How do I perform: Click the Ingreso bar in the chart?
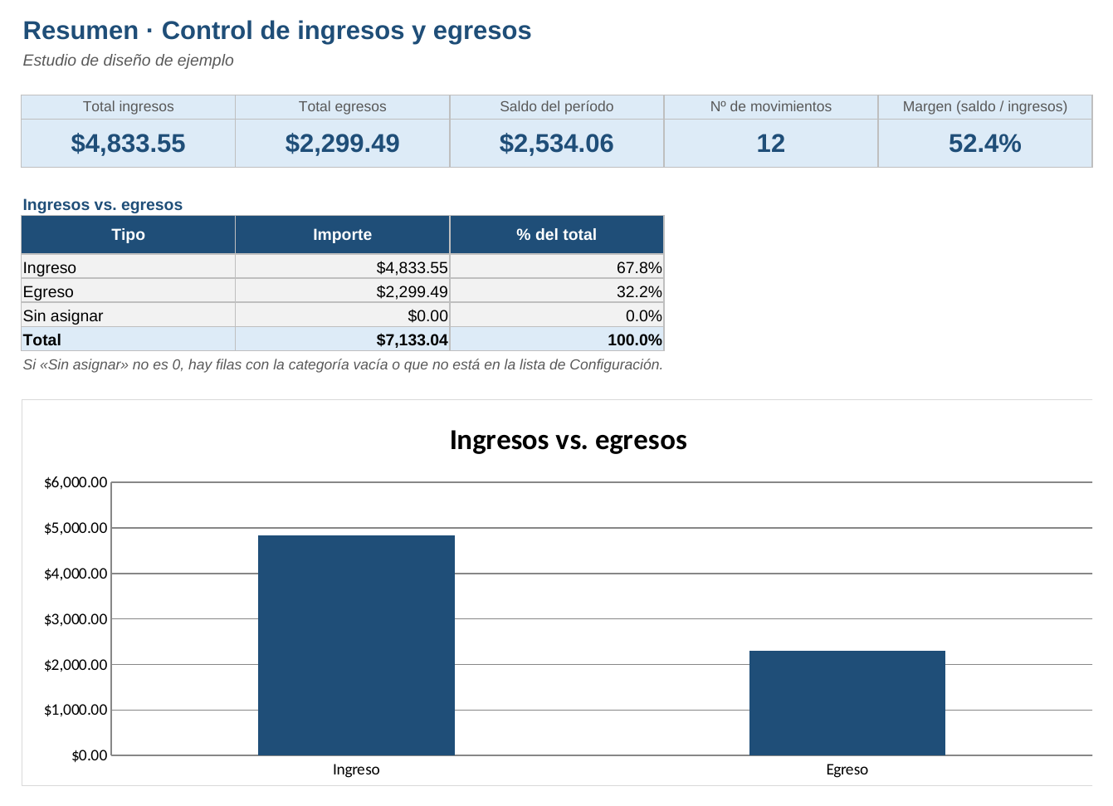click(356, 646)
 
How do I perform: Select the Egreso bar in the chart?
click(847, 703)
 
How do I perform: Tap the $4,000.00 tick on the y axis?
click(76, 574)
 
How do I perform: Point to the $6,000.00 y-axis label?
click(76, 482)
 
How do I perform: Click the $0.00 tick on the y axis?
click(90, 756)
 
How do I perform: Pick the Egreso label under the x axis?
click(847, 769)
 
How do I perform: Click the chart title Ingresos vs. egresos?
click(569, 440)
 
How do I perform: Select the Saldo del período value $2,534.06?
click(556, 144)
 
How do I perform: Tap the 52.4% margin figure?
click(985, 144)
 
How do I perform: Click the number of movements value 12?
click(771, 144)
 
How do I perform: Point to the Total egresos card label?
click(342, 106)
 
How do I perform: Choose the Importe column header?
click(342, 235)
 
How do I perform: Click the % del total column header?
click(556, 235)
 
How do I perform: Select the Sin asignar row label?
click(63, 316)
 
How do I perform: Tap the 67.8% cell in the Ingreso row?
click(639, 268)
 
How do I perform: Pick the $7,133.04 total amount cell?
click(412, 339)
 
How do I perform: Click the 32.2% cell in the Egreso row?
click(639, 291)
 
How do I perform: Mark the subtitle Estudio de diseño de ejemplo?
click(128, 60)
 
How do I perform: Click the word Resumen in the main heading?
click(81, 31)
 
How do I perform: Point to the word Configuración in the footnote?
click(616, 364)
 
